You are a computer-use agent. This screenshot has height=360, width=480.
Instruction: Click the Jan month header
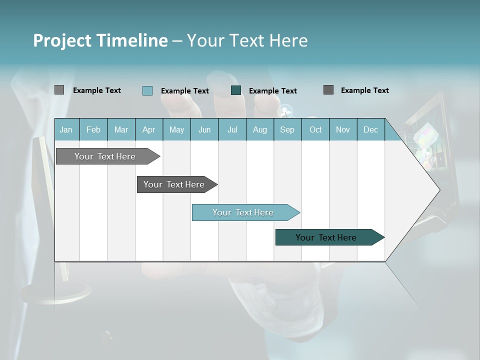point(66,129)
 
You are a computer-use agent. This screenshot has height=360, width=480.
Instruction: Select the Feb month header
point(93,129)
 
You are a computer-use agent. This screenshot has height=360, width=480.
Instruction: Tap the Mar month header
point(121,129)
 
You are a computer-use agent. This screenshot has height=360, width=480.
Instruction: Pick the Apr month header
point(149,129)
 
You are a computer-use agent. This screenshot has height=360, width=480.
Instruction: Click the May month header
point(176,129)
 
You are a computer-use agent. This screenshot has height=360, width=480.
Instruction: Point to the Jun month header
point(204,129)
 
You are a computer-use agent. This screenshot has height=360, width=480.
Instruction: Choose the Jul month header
point(232,129)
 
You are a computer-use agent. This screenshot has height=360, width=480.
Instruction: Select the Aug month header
point(260,129)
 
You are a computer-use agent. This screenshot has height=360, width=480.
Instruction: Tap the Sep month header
point(287,129)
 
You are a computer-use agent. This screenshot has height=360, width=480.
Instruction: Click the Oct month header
point(315,129)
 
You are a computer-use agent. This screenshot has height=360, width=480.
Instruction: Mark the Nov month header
point(343,129)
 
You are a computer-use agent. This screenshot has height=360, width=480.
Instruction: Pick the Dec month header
point(371,129)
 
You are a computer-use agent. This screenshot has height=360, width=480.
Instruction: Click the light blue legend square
point(147,90)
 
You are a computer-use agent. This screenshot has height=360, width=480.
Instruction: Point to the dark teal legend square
point(236,90)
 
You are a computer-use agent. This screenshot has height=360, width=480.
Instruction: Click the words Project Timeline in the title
point(100,40)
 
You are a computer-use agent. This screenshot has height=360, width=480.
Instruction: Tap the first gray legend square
point(59,90)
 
